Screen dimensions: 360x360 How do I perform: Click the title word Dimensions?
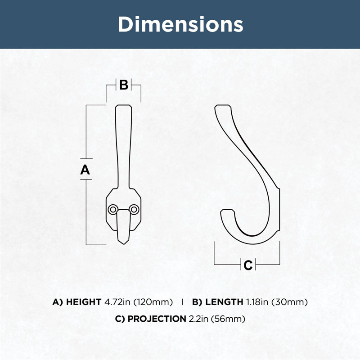180,24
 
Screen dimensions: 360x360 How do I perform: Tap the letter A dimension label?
85,170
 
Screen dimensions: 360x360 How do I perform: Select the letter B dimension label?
124,85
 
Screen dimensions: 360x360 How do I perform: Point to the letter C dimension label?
248,265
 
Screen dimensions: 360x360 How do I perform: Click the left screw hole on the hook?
113,209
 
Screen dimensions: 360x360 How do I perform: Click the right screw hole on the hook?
134,209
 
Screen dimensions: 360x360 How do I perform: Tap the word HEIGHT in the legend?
84,302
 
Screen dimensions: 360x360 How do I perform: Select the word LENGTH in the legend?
224,302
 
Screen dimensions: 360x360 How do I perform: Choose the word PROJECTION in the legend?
157,319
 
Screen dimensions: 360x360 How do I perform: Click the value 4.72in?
117,302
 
